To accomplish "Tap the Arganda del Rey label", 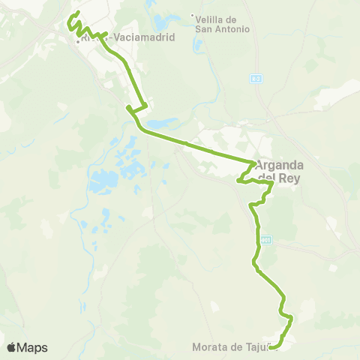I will pyautogui.click(x=278, y=172).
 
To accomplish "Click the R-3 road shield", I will pyautogui.click(x=256, y=77).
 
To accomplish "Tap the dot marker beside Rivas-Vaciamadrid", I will pyautogui.click(x=77, y=41).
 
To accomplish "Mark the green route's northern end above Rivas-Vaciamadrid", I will pyautogui.click(x=78, y=13).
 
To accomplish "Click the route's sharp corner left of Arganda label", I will pyautogui.click(x=238, y=180).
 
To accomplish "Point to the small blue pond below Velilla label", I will pyautogui.click(x=198, y=43).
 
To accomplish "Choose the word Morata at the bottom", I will pyautogui.click(x=210, y=346).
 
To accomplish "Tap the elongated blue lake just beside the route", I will pyautogui.click(x=162, y=123).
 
